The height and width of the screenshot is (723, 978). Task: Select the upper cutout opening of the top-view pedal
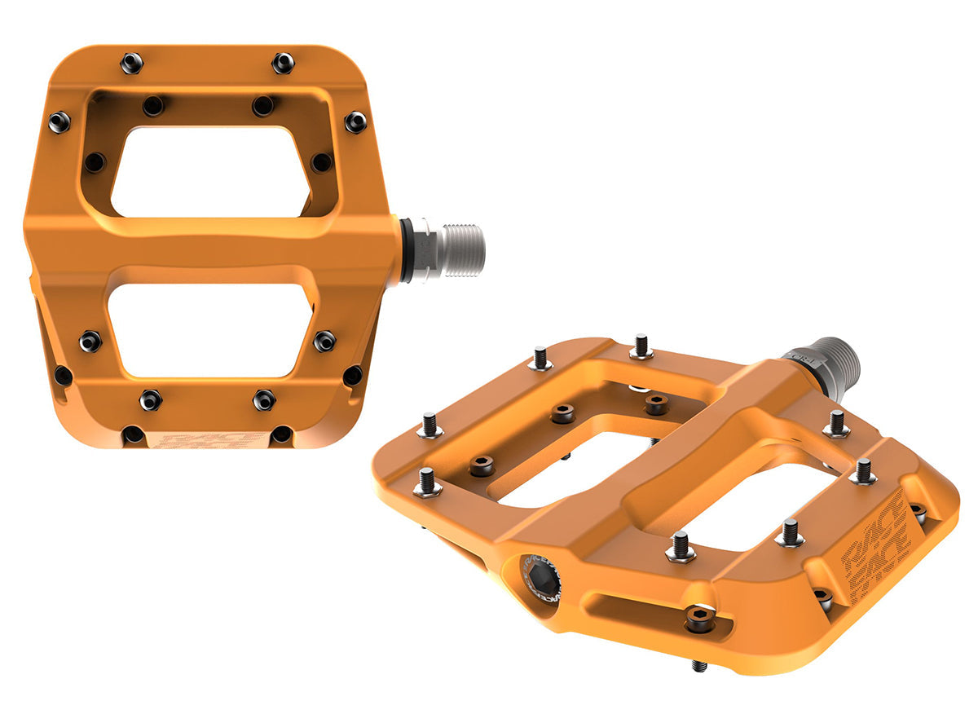point(210,172)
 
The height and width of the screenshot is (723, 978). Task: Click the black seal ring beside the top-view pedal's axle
point(405,249)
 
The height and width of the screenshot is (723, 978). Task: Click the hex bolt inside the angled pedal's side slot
point(699,617)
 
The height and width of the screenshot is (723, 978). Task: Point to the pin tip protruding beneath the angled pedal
point(698,665)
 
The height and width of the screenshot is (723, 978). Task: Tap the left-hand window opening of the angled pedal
point(562,465)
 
